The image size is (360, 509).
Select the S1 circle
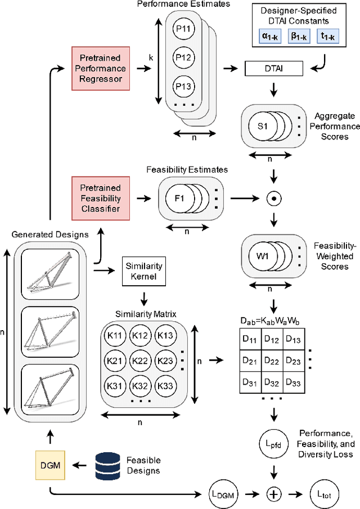point(262,125)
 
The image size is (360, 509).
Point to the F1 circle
point(179,198)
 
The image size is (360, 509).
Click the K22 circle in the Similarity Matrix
point(141,360)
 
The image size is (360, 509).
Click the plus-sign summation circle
point(273,479)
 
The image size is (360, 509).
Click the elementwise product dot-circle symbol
point(273,198)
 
